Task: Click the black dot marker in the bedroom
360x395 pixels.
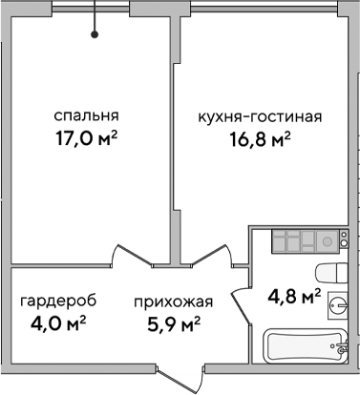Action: (x=95, y=35)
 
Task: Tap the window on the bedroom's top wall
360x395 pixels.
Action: (x=95, y=8)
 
